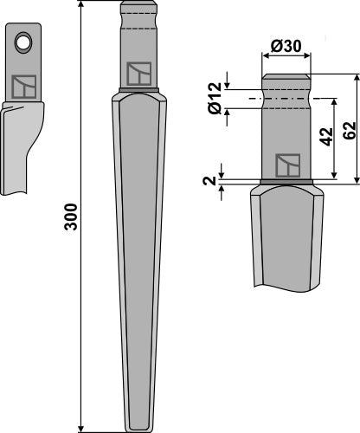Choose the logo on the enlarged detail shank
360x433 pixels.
[x=286, y=165]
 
